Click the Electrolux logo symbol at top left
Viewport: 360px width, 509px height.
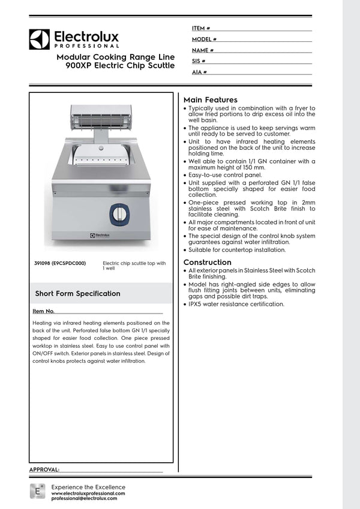click(39, 39)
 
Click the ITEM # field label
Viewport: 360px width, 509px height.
click(200, 28)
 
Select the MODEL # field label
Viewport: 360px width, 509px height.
click(204, 39)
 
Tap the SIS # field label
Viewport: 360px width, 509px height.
click(199, 61)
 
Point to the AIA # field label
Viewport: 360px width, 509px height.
click(199, 72)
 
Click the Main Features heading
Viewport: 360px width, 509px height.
click(210, 100)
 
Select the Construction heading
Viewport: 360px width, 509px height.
click(207, 262)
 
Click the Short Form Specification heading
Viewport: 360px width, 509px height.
click(77, 293)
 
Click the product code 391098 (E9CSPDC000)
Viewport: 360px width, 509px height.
click(60, 263)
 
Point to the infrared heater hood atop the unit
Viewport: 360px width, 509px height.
click(101, 116)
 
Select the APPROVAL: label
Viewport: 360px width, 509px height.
click(44, 469)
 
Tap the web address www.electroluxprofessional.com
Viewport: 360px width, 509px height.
click(88, 493)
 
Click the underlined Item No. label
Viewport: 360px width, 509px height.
click(44, 311)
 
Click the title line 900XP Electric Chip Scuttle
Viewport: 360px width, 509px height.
click(120, 65)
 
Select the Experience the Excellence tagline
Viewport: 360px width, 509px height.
click(88, 487)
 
